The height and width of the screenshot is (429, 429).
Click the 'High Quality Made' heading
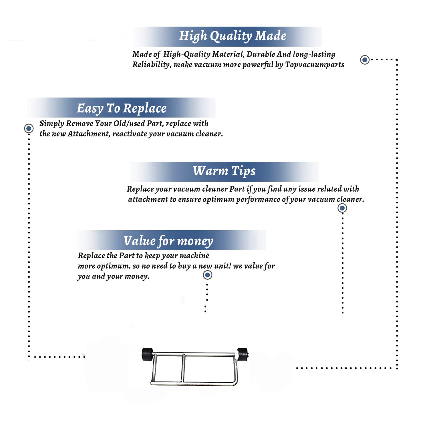click(x=233, y=36)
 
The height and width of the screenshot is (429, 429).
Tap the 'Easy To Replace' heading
click(x=122, y=109)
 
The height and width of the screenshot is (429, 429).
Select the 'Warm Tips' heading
click(x=224, y=171)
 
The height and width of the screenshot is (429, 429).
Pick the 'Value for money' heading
click(x=168, y=241)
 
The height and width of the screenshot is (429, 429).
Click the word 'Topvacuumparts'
click(x=315, y=65)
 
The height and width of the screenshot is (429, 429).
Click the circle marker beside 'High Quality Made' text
click(x=365, y=60)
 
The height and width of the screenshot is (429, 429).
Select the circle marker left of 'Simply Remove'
click(x=29, y=128)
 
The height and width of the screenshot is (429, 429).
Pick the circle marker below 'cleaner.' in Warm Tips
click(x=342, y=208)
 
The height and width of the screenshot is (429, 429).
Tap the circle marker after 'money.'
click(x=207, y=275)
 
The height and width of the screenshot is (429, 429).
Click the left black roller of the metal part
click(x=147, y=354)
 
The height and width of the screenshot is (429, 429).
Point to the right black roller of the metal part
click(x=243, y=355)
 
